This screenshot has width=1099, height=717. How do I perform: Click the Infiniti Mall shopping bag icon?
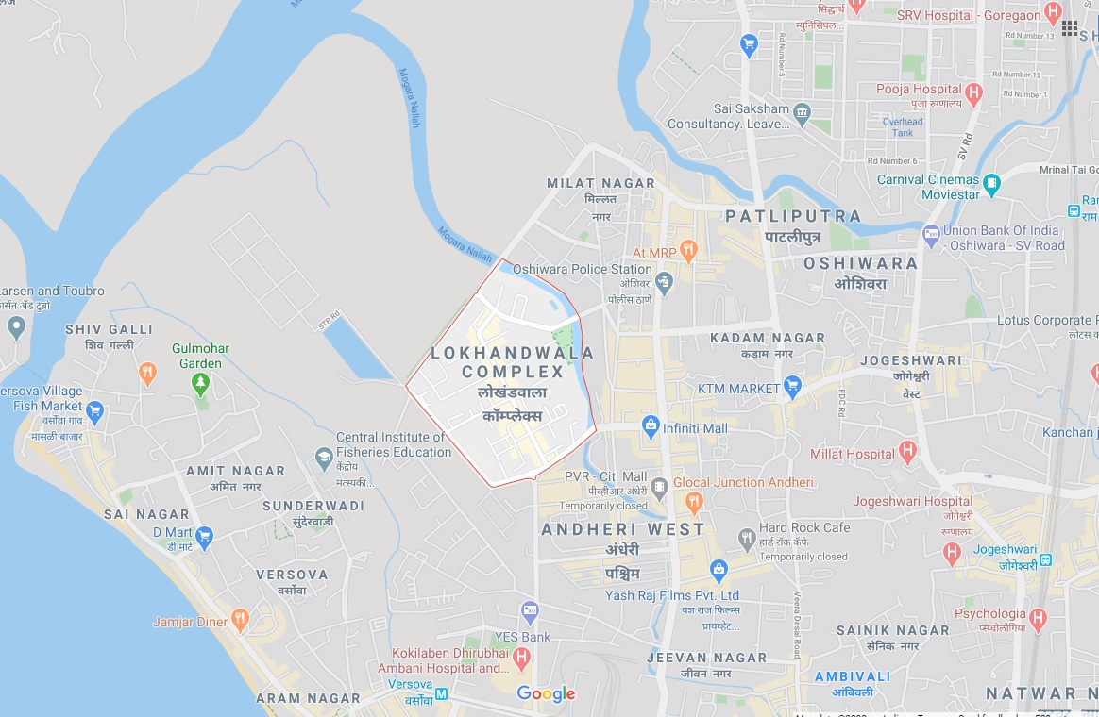pos(650,426)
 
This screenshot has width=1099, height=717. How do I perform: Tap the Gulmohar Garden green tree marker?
pos(199,383)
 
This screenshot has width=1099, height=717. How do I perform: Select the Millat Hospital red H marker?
pos(908,453)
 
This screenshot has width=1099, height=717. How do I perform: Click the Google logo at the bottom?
pos(546,694)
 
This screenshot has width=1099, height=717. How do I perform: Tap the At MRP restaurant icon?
pos(688,251)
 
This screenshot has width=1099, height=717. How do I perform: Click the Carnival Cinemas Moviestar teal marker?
pos(991,184)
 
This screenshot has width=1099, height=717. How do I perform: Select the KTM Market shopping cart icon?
pos(793,387)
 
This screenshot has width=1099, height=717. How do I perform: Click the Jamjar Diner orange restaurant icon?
pos(240,621)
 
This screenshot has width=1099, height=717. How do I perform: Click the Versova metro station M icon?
pos(441,694)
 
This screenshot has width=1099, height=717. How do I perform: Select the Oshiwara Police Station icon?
pos(665,281)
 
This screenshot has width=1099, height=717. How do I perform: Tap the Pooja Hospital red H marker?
pos(974,94)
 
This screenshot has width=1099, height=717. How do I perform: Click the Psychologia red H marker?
pos(1039,620)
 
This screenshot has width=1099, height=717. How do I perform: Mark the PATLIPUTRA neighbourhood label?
pos(793,216)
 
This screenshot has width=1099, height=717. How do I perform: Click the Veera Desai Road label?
pos(797,625)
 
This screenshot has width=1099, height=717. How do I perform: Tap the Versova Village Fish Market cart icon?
pos(94,411)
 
